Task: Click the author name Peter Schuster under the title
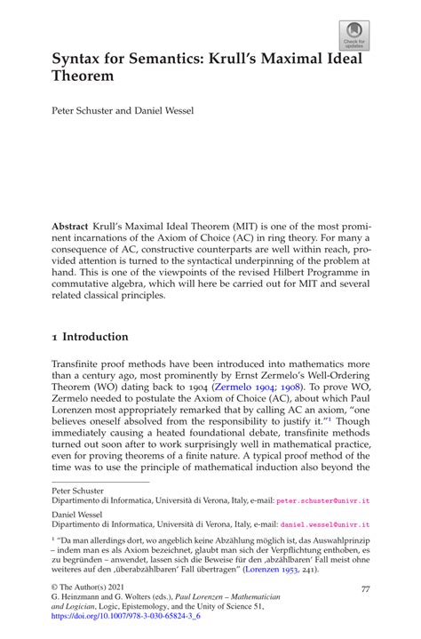81,113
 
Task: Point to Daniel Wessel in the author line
163,113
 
